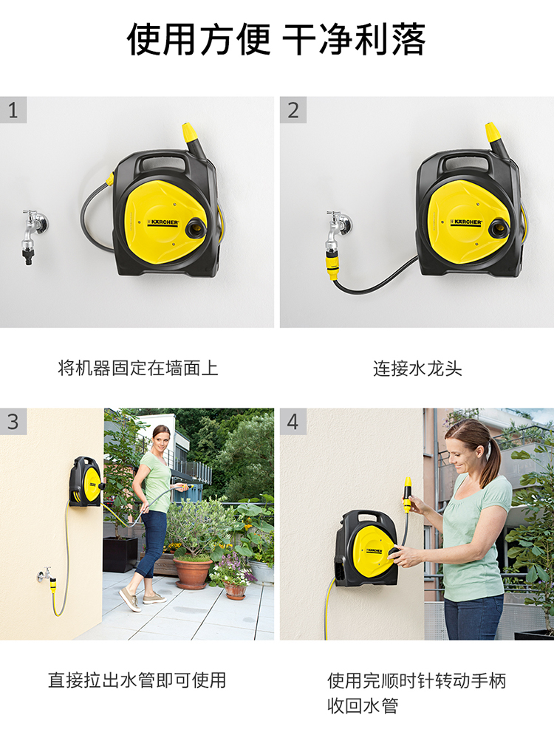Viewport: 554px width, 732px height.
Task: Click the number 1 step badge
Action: point(13,110)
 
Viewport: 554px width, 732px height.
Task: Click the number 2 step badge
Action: point(293,110)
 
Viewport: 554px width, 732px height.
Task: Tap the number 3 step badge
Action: point(13,422)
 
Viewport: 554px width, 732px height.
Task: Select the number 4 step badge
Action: point(293,422)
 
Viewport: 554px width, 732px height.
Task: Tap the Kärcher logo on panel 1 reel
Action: point(163,222)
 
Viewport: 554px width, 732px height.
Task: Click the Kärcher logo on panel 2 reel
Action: point(466,222)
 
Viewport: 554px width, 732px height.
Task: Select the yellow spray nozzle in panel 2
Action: point(493,132)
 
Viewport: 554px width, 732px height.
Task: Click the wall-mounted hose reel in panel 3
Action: point(85,482)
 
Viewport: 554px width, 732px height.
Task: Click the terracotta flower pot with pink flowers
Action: point(235,590)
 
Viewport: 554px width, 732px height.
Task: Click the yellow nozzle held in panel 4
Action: point(408,495)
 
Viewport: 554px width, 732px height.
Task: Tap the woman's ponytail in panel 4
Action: point(490,460)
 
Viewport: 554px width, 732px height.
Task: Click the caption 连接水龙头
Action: point(417,369)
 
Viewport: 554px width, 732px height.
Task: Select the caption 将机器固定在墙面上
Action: point(137,369)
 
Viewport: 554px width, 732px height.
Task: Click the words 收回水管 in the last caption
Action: point(363,705)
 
